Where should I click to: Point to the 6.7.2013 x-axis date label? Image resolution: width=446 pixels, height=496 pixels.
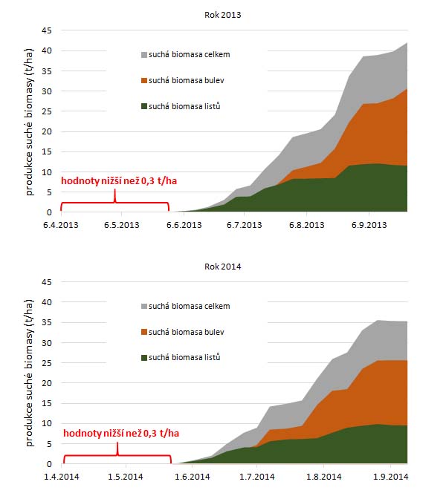(x=245, y=224)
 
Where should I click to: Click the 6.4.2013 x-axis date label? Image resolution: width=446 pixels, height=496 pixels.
(x=60, y=224)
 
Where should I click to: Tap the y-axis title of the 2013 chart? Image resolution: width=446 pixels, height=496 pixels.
(x=30, y=121)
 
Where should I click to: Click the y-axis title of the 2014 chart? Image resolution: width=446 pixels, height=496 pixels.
(x=30, y=373)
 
